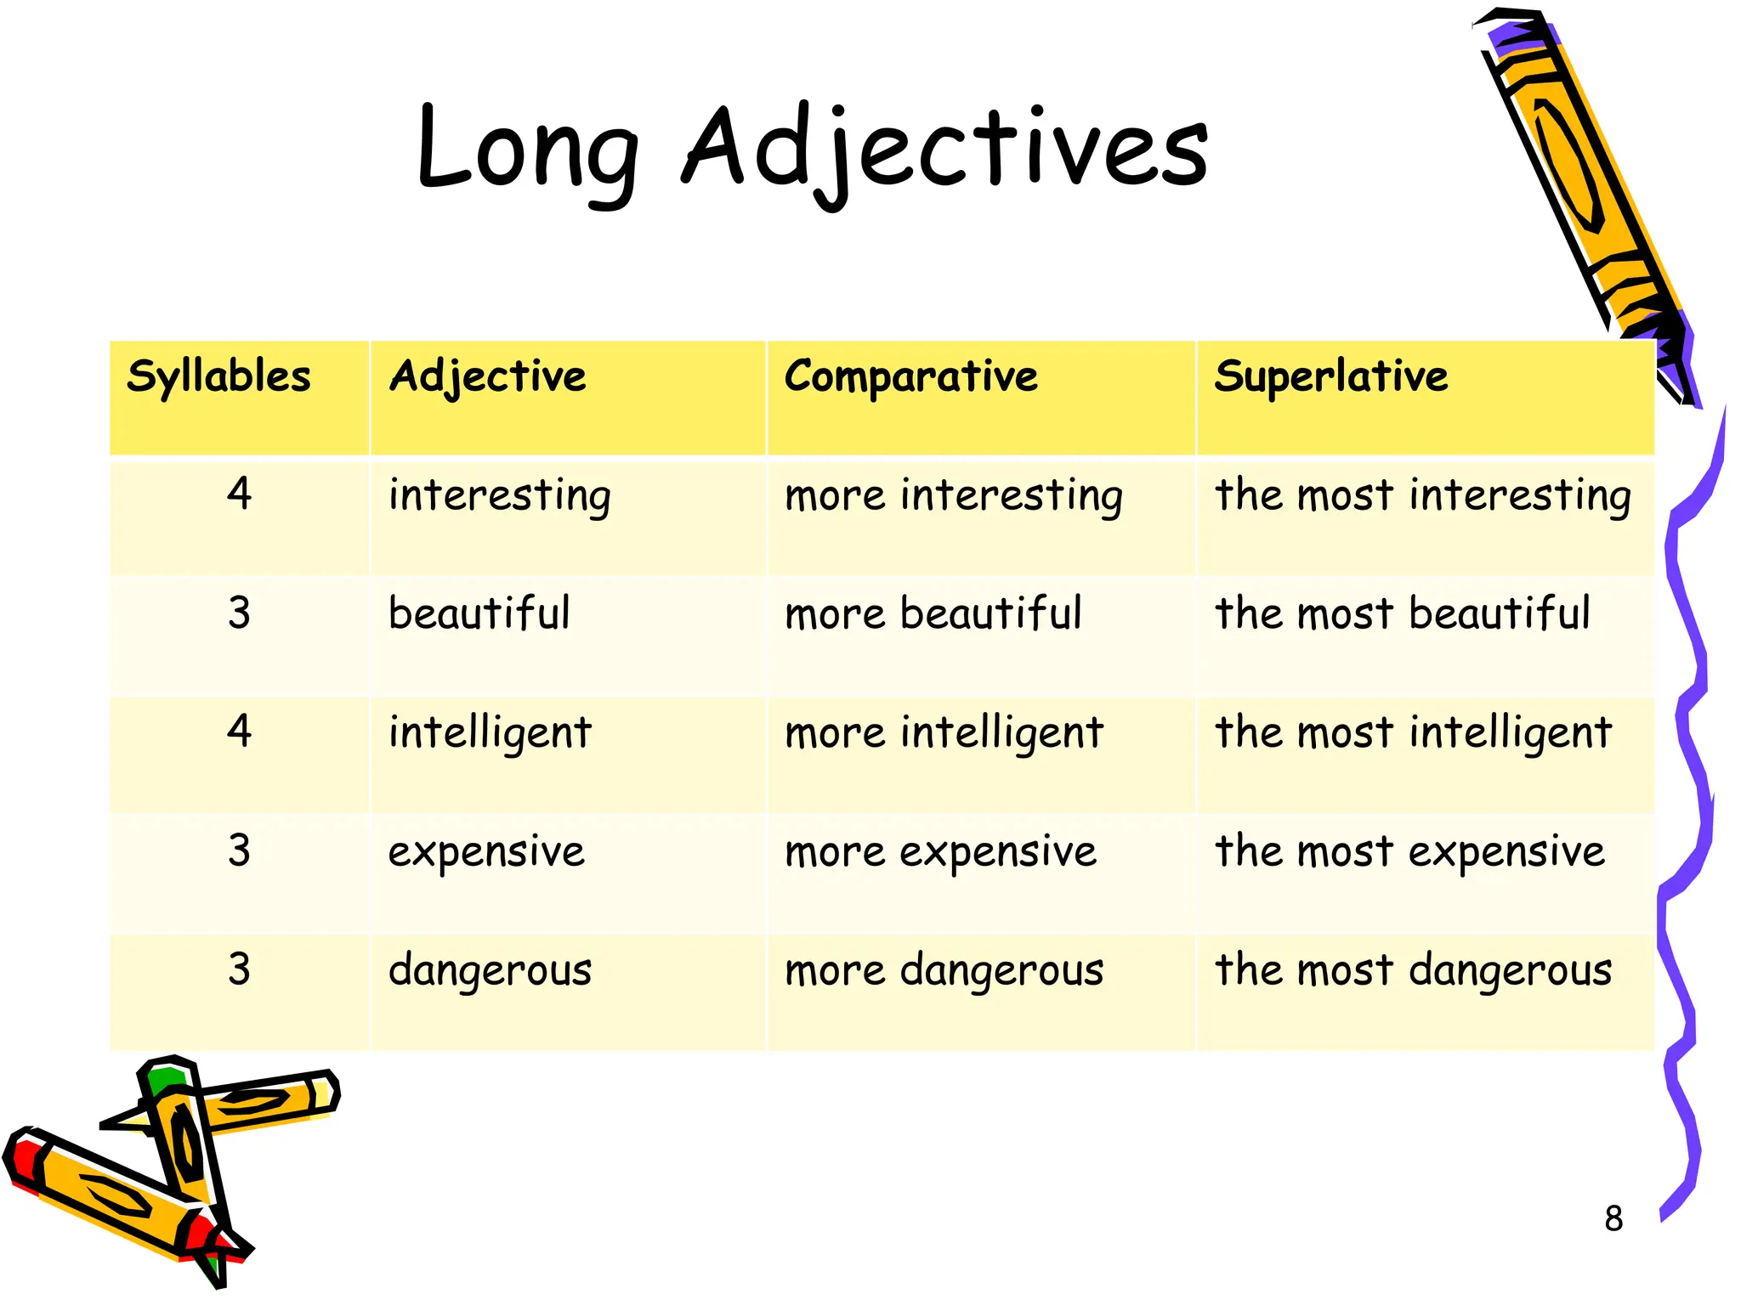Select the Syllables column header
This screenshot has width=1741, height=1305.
click(218, 376)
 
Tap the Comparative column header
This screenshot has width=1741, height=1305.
click(910, 376)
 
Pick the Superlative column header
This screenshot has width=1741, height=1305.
click(1330, 376)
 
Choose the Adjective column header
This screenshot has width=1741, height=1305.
click(487, 376)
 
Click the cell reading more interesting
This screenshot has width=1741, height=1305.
click(953, 495)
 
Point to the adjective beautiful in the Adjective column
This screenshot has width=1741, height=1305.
click(479, 613)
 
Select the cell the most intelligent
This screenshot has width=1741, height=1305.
click(1413, 732)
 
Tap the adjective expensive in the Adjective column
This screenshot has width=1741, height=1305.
click(486, 851)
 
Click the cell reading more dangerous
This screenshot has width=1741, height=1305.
click(944, 970)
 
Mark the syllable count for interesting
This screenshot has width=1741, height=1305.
click(240, 494)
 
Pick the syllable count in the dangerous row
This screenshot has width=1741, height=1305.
click(240, 969)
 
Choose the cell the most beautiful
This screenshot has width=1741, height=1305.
click(1402, 613)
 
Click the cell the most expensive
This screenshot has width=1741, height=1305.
click(1409, 851)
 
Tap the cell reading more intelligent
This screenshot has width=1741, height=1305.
click(944, 732)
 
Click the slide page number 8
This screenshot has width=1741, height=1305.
click(1613, 1219)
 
